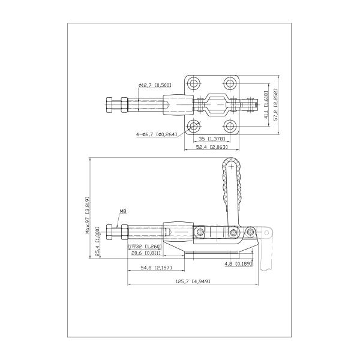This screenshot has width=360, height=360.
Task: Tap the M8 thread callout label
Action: (x=123, y=211)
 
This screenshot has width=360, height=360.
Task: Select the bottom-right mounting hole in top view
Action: (x=230, y=126)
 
